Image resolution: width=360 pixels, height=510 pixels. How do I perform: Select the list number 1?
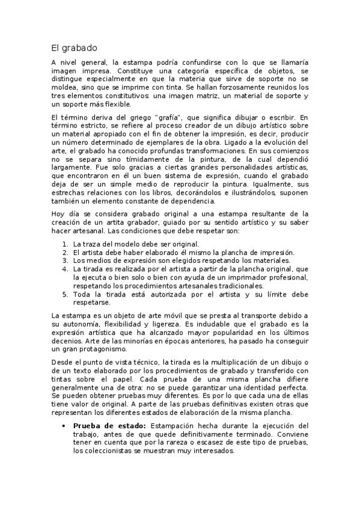click(65, 244)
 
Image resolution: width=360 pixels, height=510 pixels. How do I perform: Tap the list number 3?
click(65, 261)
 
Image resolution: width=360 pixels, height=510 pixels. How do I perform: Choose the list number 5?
click(65, 295)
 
